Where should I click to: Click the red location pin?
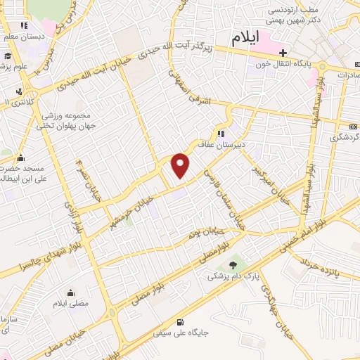tap(181, 165)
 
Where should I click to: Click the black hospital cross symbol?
tap(283, 53)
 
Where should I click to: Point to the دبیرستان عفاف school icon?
tap(220, 134)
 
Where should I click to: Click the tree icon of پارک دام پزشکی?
tap(233, 265)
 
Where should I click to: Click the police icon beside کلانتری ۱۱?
tap(19, 92)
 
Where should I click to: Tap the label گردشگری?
tap(345, 136)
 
